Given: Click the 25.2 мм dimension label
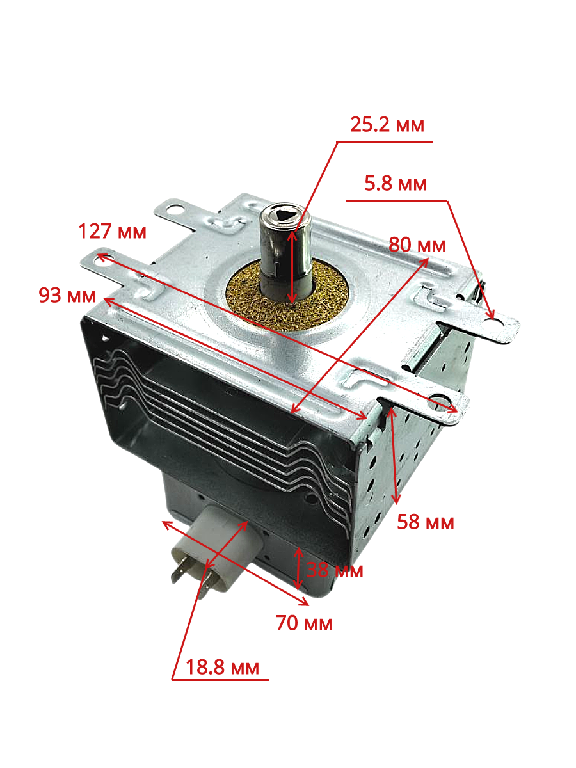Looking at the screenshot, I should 387,124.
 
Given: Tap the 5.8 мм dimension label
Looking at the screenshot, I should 395,184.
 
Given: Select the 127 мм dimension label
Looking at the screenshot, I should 112,231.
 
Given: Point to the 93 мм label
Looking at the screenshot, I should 67,296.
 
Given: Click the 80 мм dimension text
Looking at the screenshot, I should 417,244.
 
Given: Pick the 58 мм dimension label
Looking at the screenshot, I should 426,522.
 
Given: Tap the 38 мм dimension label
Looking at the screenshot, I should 335,569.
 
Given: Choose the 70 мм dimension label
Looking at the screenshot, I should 304,622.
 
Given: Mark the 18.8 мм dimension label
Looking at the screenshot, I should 222,668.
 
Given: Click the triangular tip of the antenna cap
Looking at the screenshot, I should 282,214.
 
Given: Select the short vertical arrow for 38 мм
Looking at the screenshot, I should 298,568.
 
